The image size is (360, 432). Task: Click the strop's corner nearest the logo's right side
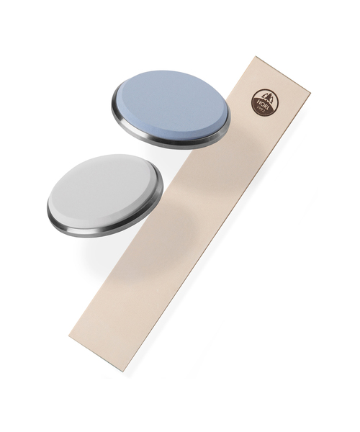coord(310,91)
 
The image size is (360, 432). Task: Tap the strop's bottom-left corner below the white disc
coord(69,336)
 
